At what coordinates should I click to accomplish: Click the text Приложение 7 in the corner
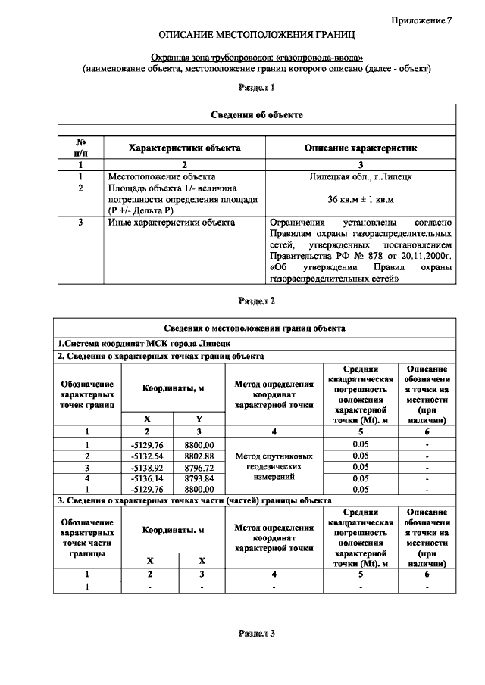tap(421, 20)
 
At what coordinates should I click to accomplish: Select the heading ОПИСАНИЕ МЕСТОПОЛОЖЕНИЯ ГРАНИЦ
tap(256, 36)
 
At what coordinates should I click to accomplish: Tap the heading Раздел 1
tap(256, 88)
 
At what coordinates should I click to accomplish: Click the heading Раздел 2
tap(256, 300)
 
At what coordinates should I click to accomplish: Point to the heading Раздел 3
tap(256, 633)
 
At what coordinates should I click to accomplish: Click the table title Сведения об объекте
tap(256, 114)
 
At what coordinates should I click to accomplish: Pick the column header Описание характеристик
tap(360, 148)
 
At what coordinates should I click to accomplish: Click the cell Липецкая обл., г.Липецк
tap(360, 176)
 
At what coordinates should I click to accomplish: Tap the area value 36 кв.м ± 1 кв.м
tap(360, 199)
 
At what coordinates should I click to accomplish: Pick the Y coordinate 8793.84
tap(199, 478)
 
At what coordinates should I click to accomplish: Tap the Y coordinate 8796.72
tap(199, 467)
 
